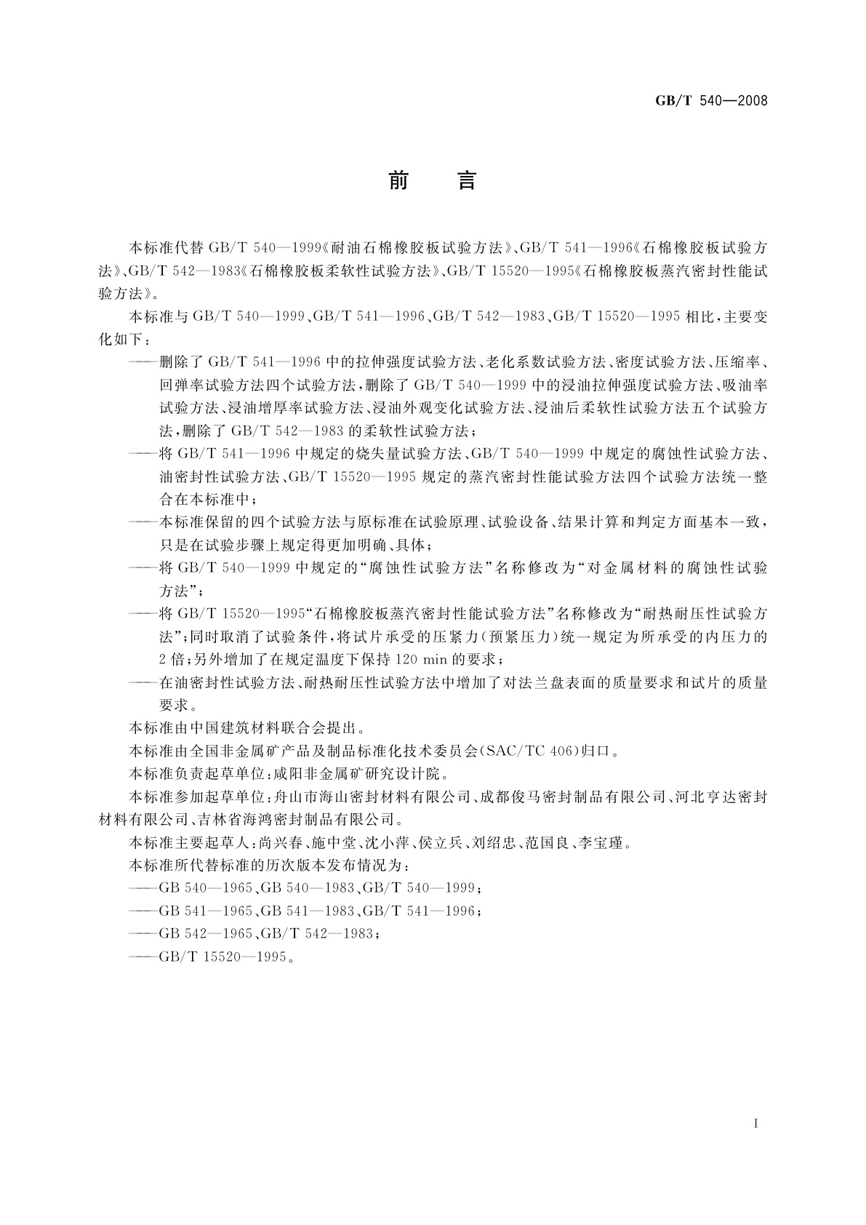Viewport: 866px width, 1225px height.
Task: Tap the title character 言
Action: point(466,180)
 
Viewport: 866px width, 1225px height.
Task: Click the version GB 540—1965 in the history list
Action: point(206,888)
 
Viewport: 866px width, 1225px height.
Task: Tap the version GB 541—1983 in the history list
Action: point(308,911)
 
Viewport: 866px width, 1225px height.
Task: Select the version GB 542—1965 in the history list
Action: point(206,933)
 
